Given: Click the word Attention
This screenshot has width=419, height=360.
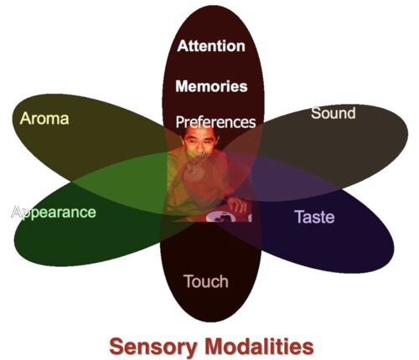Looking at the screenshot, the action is pyautogui.click(x=211, y=46).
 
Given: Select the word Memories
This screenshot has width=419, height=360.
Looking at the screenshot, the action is pyautogui.click(x=211, y=86).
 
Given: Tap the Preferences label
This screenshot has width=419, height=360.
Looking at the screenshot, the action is pyautogui.click(x=215, y=122).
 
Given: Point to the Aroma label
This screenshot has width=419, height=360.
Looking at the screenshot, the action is pyautogui.click(x=44, y=118).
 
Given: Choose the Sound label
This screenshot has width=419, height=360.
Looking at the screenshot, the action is pyautogui.click(x=334, y=113).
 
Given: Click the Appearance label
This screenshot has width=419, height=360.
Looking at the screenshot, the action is pyautogui.click(x=54, y=213).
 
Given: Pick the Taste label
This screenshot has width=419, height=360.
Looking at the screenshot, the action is pyautogui.click(x=314, y=217).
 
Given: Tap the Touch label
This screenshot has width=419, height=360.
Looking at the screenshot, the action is pyautogui.click(x=206, y=281).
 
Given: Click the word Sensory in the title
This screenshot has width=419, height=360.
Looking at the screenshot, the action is pyautogui.click(x=153, y=347).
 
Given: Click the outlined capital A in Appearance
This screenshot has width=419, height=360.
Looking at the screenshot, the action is pyautogui.click(x=16, y=212).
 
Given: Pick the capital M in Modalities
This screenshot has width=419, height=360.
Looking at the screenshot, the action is pyautogui.click(x=215, y=346).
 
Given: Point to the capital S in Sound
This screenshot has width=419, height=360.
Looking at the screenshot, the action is pyautogui.click(x=315, y=113).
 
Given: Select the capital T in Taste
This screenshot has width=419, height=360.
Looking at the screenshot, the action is pyautogui.click(x=299, y=217).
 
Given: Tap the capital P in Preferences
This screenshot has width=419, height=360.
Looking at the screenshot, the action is pyautogui.click(x=180, y=121).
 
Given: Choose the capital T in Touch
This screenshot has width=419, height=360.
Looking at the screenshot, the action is pyautogui.click(x=189, y=281).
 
